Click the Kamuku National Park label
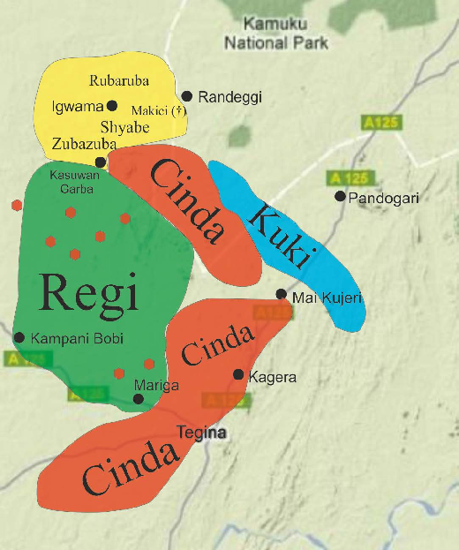pyautogui.click(x=276, y=34)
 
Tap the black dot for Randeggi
pyautogui.click(x=187, y=96)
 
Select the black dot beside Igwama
pyautogui.click(x=112, y=105)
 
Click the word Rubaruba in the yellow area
pyautogui.click(x=119, y=81)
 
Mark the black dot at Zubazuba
pyautogui.click(x=101, y=162)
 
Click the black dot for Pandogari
pyautogui.click(x=340, y=196)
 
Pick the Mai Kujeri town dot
pyautogui.click(x=281, y=294)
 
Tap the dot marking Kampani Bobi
pyautogui.click(x=19, y=337)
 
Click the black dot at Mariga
pyautogui.click(x=138, y=399)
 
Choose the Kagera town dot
pyautogui.click(x=237, y=374)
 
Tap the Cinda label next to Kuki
pyautogui.click(x=186, y=200)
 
